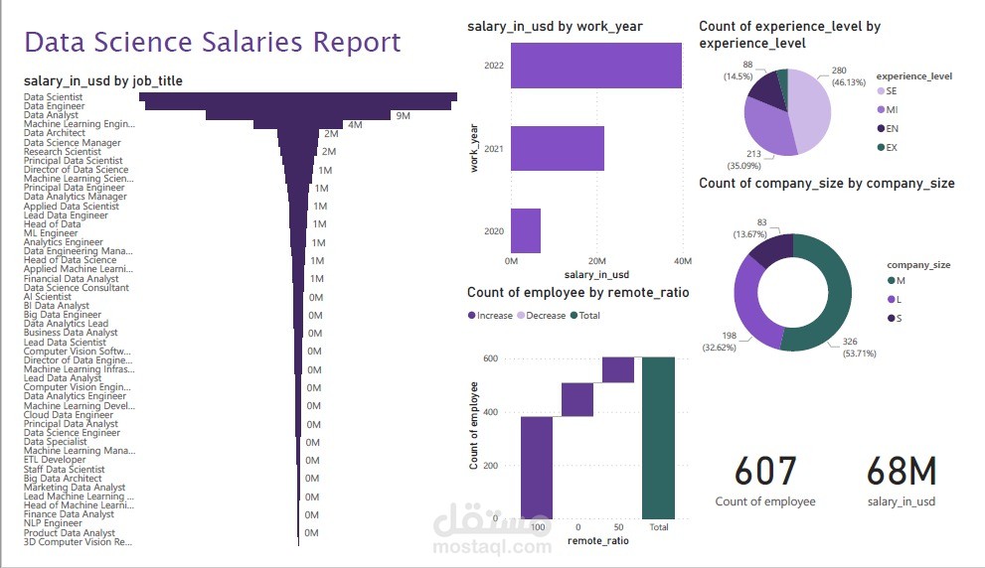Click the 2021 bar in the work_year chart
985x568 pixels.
pyautogui.click(x=558, y=149)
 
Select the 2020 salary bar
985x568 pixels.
pyautogui.click(x=526, y=230)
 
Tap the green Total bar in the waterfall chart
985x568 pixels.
pyautogui.click(x=658, y=438)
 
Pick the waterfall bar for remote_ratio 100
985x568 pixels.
pyautogui.click(x=537, y=467)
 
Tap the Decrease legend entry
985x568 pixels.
pyautogui.click(x=541, y=316)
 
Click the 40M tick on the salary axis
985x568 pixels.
pyautogui.click(x=682, y=260)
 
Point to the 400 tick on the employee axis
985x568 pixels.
pyautogui.click(x=489, y=412)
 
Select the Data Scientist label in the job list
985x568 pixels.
pyautogui.click(x=54, y=97)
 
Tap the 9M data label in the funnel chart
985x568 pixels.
pyautogui.click(x=403, y=116)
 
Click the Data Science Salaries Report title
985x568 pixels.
pyautogui.click(x=213, y=42)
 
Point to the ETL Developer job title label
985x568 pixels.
pyautogui.click(x=55, y=460)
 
